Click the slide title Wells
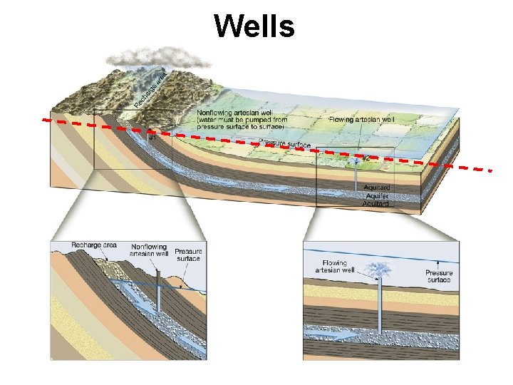(254, 26)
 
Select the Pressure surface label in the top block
(285, 144)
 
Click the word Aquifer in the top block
(377, 195)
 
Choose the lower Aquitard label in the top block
(377, 203)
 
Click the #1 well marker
(152, 138)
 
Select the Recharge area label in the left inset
(94, 245)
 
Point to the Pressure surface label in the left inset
(189, 255)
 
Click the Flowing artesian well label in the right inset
(334, 267)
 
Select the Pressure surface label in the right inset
(439, 277)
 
